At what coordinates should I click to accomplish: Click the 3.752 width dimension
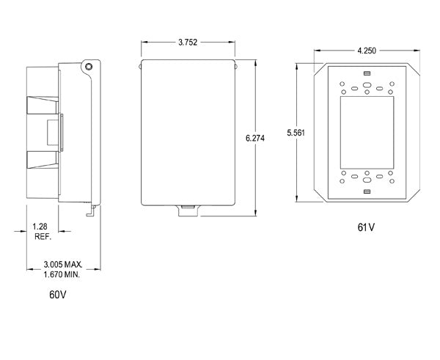pos(187,43)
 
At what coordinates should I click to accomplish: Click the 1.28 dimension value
pos(40,228)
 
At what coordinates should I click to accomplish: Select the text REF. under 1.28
pos(42,238)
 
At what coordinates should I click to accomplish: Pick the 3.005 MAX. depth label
pos(62,263)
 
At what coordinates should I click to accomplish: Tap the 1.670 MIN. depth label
pos(62,273)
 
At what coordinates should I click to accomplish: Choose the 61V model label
pos(366,227)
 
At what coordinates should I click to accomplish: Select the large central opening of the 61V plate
pos(367,133)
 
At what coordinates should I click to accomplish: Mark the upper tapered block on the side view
pos(43,107)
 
